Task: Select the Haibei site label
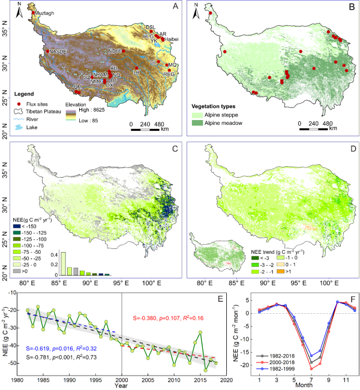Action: click(172, 40)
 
